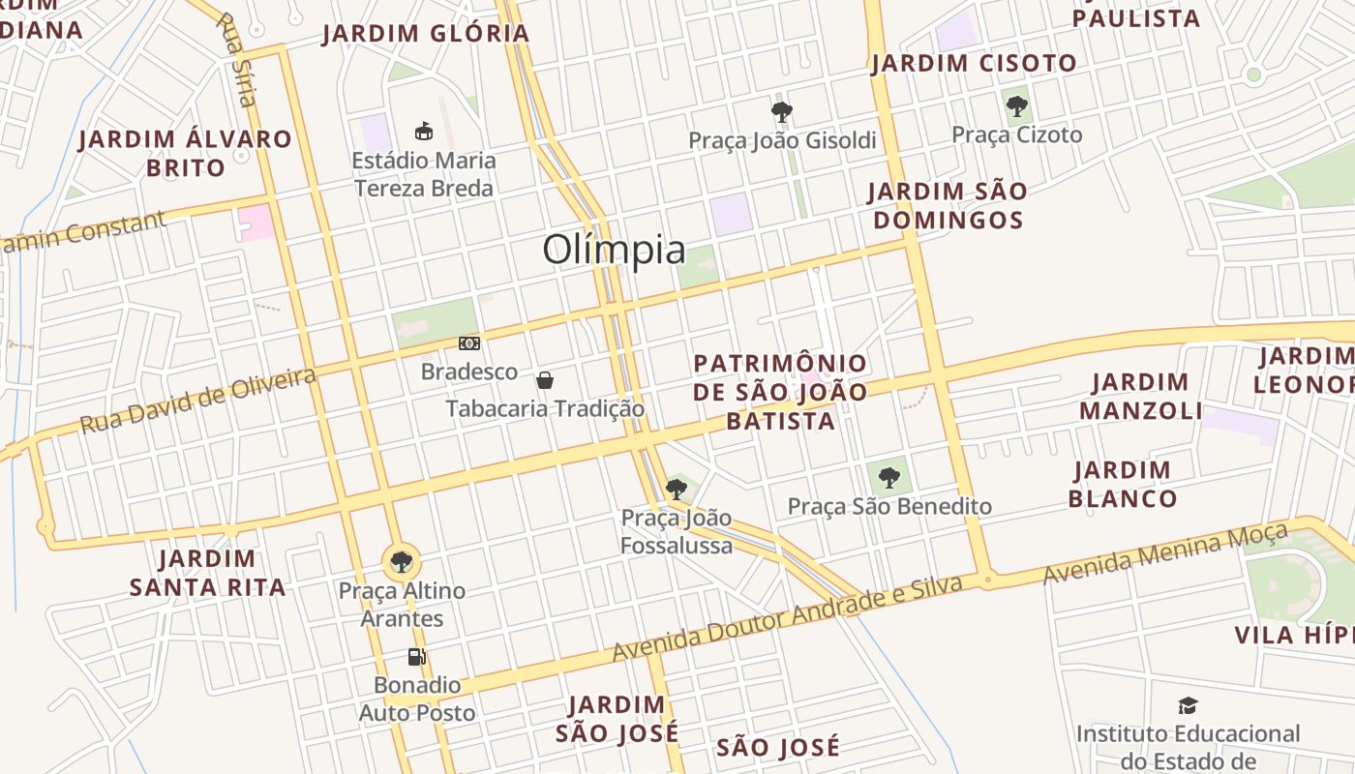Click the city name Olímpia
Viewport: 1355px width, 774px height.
pos(614,250)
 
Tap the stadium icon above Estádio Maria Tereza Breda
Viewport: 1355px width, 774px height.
pos(423,131)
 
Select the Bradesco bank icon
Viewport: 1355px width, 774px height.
pos(469,343)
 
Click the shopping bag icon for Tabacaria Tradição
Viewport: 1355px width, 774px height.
pos(545,380)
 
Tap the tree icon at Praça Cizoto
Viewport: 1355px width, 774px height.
pos(1016,106)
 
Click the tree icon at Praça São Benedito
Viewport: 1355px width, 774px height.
pos(888,477)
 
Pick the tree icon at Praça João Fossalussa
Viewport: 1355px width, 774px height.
pos(677,490)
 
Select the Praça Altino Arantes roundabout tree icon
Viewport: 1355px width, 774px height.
pos(401,561)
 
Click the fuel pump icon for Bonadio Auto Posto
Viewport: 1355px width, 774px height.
pos(416,658)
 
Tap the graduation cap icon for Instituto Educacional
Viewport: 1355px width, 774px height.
pos(1188,706)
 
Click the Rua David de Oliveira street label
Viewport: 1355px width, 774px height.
pos(197,401)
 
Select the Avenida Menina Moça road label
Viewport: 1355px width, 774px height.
pos(1165,552)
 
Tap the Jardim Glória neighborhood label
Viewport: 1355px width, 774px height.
pos(426,34)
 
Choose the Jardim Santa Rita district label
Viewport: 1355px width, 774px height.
pos(208,573)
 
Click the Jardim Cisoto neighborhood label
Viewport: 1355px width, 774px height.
pos(974,64)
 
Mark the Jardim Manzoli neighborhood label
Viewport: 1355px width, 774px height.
pos(1140,396)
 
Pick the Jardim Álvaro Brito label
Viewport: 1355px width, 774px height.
pos(185,153)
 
